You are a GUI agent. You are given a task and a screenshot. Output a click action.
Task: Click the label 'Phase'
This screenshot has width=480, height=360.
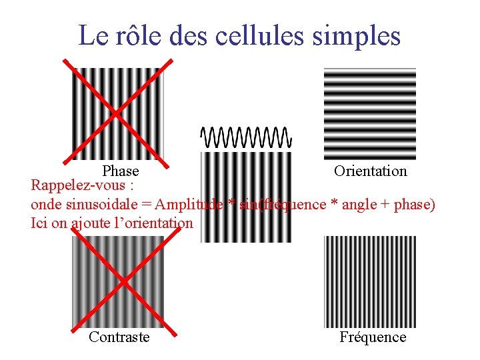[x=120, y=171]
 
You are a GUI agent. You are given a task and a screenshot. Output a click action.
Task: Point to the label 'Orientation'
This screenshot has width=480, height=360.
[x=370, y=171]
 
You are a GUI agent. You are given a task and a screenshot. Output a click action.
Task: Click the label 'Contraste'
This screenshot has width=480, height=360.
[x=119, y=337]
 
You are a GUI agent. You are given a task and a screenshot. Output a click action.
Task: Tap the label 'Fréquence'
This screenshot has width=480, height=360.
[x=373, y=337]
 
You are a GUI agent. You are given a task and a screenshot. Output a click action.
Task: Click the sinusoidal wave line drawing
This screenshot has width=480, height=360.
[x=246, y=137]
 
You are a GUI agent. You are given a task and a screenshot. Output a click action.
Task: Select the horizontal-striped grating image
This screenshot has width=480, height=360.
[x=369, y=113]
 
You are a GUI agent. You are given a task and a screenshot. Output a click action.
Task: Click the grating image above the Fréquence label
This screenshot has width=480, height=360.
[x=369, y=281]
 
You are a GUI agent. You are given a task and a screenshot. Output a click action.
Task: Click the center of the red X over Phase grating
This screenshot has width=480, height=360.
[x=117, y=112]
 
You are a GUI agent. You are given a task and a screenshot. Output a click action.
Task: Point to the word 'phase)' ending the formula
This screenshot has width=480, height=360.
[x=415, y=205]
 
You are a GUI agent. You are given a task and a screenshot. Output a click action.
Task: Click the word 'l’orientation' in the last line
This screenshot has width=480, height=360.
[x=150, y=223]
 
